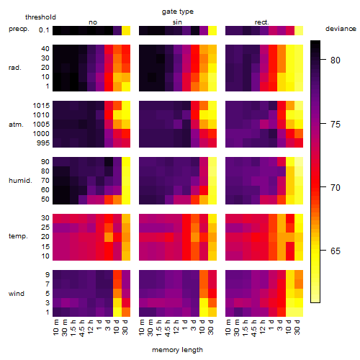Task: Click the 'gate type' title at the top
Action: (x=178, y=12)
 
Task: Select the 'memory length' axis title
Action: (x=177, y=350)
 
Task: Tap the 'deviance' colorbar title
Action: (x=341, y=29)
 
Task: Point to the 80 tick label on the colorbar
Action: (x=336, y=60)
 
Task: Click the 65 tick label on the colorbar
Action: (x=336, y=251)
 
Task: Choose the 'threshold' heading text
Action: (x=40, y=17)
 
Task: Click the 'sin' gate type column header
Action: (x=177, y=22)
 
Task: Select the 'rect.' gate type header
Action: (x=261, y=22)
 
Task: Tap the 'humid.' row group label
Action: (x=20, y=180)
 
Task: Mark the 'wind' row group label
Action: (x=17, y=294)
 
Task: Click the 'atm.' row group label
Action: (x=16, y=125)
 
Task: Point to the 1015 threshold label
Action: (x=41, y=105)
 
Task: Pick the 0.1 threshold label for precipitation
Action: (x=44, y=30)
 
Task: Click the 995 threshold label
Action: (x=43, y=143)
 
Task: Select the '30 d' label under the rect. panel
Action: (x=297, y=327)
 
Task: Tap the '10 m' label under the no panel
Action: (x=55, y=327)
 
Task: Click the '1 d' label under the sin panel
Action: (x=185, y=324)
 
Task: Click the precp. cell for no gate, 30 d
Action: (x=126, y=30)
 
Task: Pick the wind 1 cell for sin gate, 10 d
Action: (x=204, y=312)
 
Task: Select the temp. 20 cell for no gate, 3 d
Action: (x=109, y=237)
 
